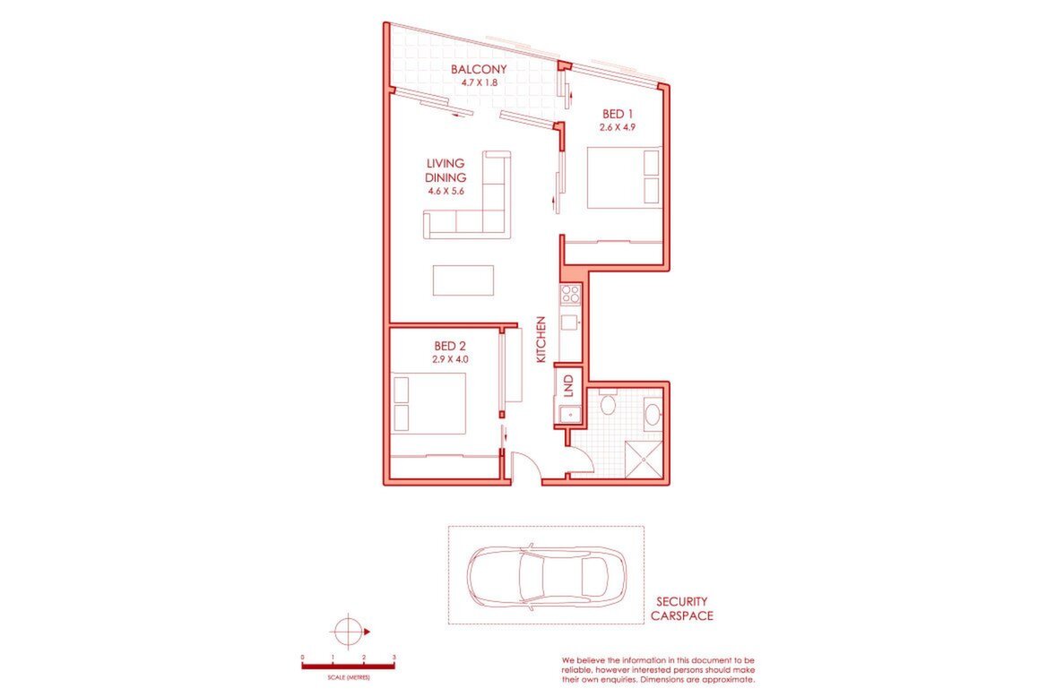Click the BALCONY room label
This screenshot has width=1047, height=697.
pyautogui.click(x=478, y=69)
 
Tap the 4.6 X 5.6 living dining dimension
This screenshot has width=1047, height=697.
pyautogui.click(x=446, y=191)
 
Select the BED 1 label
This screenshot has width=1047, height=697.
pyautogui.click(x=617, y=114)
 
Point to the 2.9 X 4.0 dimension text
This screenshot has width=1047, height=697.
pyautogui.click(x=450, y=358)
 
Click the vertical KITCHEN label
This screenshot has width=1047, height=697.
pyautogui.click(x=541, y=340)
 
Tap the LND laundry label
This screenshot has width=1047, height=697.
pyautogui.click(x=568, y=386)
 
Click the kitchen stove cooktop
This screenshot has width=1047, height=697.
pyautogui.click(x=571, y=295)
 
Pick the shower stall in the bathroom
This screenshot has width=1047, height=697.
pyautogui.click(x=645, y=460)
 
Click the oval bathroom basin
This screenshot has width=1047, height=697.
pyautogui.click(x=653, y=413)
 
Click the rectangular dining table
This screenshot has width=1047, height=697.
pyautogui.click(x=463, y=280)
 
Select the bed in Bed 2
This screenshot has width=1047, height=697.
pyautogui.click(x=428, y=404)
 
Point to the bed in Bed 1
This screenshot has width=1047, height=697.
pyautogui.click(x=624, y=177)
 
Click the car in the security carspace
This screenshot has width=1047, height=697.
pyautogui.click(x=546, y=576)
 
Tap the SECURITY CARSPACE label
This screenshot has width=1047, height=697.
pyautogui.click(x=682, y=609)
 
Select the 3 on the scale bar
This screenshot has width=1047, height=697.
pyautogui.click(x=394, y=658)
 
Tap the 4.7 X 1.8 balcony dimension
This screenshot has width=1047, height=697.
pyautogui.click(x=479, y=82)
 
